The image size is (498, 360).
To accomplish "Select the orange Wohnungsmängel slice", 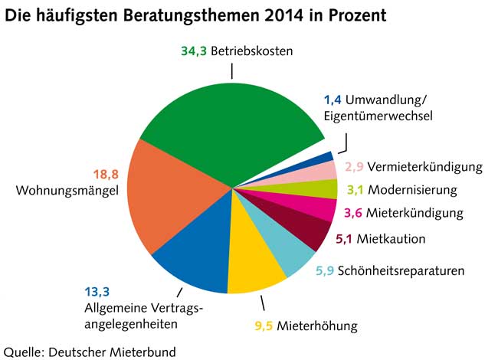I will coord(172,195).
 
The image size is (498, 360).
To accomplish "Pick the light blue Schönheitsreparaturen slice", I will coord(287,249).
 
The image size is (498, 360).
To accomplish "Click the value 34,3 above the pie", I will coord(194,51).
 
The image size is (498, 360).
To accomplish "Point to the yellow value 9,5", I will coord(265,325).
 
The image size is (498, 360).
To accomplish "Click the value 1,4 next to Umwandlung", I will coord(332,100).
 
